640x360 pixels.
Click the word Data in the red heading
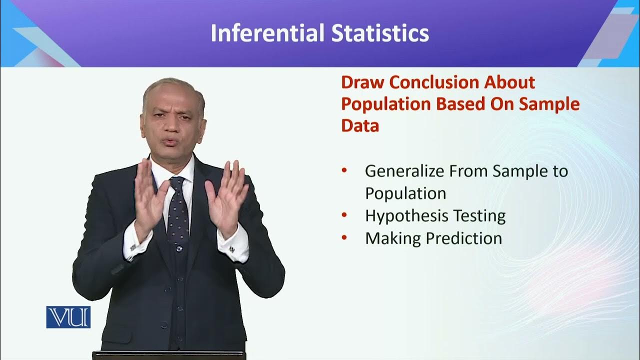pos(360,125)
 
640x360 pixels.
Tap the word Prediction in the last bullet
pos(464,238)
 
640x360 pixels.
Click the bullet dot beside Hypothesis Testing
pos(344,215)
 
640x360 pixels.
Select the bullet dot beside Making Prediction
pos(344,237)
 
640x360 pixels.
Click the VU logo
pos(68,317)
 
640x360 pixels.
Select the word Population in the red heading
pos(386,104)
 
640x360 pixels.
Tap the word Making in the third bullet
pos(392,238)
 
